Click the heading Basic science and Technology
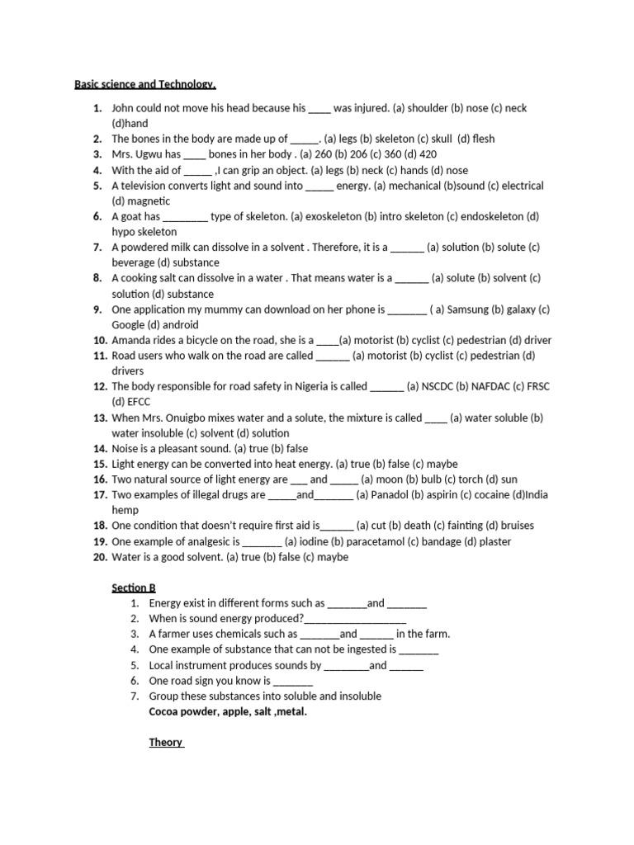click(145, 84)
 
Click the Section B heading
click(134, 588)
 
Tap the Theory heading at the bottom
click(166, 742)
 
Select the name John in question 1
click(124, 108)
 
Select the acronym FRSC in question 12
click(537, 386)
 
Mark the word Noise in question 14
click(125, 448)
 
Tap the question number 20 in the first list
click(100, 557)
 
